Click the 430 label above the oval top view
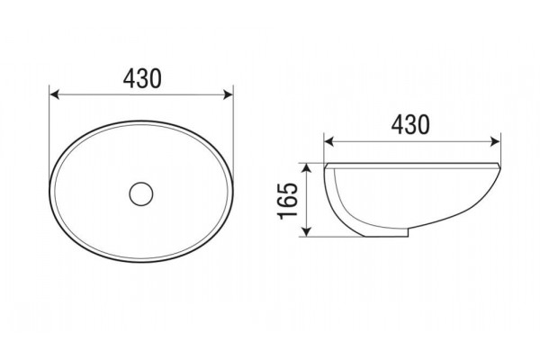click(x=142, y=78)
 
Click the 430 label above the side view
click(x=410, y=124)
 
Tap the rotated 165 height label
click(x=288, y=201)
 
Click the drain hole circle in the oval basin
click(x=141, y=194)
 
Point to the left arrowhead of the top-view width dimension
click(x=55, y=94)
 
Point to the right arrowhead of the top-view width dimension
click(x=229, y=94)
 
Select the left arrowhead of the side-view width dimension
click(x=329, y=141)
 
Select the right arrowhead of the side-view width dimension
click(x=495, y=141)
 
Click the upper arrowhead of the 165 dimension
click(x=307, y=168)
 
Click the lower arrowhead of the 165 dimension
click(x=307, y=231)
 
